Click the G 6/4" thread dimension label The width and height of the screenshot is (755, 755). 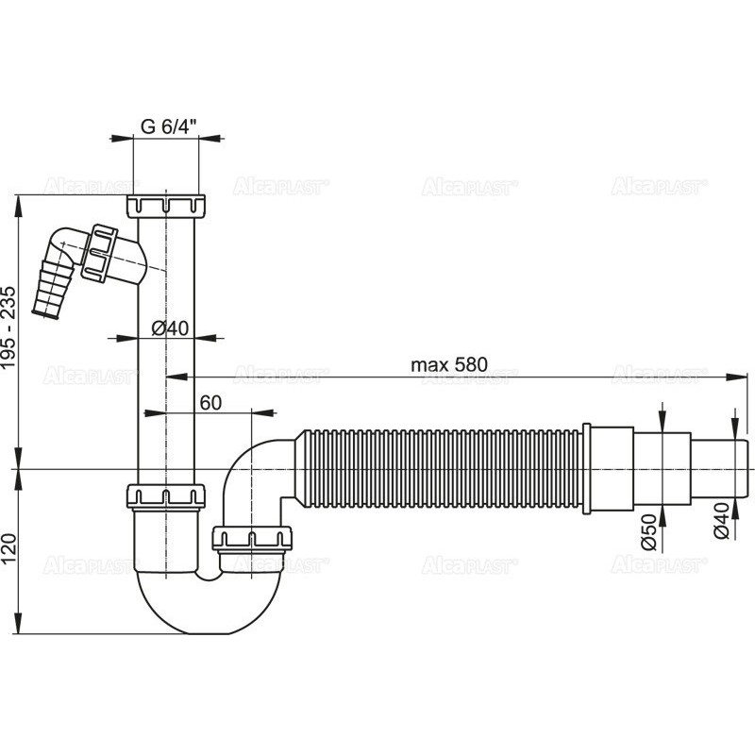point(169,126)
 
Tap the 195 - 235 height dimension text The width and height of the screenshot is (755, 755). point(9,327)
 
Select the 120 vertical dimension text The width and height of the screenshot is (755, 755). point(9,548)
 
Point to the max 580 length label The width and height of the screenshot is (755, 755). point(449,364)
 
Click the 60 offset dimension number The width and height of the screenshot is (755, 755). point(210,403)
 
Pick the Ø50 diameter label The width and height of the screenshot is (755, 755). point(648,531)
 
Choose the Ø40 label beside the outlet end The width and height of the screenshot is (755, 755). point(721,521)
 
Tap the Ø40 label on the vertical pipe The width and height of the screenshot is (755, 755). point(170,327)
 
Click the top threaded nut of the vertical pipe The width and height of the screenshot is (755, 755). point(167,206)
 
